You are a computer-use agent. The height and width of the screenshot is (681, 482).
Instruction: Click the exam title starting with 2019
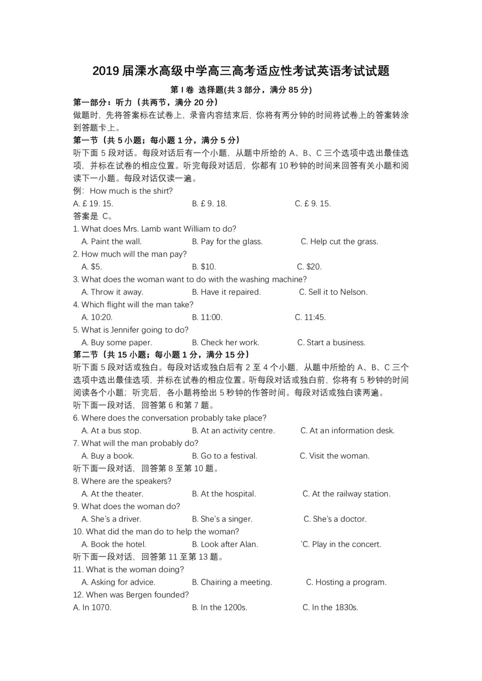241,71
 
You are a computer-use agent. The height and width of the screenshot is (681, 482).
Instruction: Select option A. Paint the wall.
111,242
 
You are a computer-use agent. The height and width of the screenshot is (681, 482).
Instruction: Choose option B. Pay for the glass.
227,242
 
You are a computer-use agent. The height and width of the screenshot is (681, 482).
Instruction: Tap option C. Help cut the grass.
339,242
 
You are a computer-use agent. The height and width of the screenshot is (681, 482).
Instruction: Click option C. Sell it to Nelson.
333,292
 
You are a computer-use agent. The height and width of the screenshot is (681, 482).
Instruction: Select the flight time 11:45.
310,317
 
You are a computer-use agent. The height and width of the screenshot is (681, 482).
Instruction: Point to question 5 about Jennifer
131,330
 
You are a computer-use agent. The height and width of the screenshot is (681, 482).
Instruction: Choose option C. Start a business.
331,343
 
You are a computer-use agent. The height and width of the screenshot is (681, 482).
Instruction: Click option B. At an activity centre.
233,431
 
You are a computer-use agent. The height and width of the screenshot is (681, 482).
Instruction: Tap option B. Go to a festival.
225,456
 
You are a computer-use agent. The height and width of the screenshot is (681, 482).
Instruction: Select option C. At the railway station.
347,494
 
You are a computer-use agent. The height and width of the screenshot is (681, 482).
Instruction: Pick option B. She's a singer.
222,519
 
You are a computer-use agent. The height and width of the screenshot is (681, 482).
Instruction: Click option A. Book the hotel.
114,545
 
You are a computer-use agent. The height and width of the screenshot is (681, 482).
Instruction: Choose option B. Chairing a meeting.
232,582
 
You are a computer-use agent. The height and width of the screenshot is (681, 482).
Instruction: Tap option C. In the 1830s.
330,608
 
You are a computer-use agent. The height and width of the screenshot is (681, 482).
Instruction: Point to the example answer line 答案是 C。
93,216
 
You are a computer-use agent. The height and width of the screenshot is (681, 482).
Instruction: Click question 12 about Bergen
131,595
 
